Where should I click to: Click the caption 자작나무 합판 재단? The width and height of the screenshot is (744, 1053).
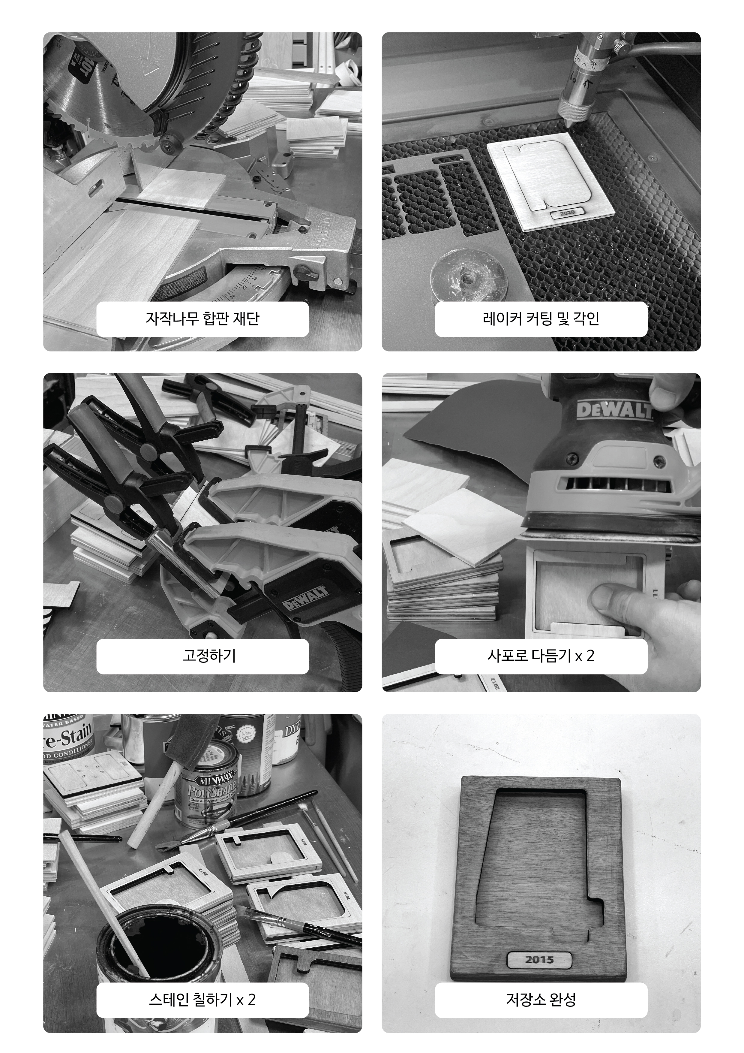click(x=202, y=319)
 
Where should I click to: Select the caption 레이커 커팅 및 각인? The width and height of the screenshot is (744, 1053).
click(x=541, y=319)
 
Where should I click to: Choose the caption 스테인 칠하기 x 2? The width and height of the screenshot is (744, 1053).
click(x=202, y=999)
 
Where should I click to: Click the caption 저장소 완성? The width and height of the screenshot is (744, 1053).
click(x=541, y=999)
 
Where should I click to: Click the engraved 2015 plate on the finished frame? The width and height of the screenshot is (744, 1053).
click(x=539, y=959)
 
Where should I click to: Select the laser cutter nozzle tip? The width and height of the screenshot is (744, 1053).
click(x=568, y=123)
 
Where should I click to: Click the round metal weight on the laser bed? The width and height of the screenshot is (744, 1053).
click(x=469, y=276)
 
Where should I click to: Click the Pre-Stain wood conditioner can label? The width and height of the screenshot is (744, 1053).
click(x=69, y=739)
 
